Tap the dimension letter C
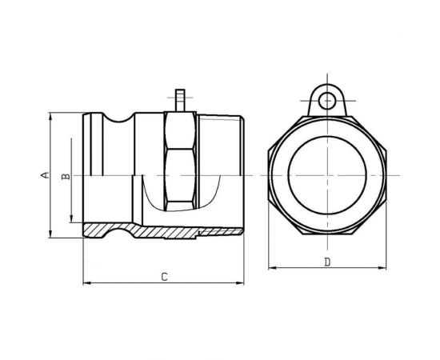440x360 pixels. tap(163, 277)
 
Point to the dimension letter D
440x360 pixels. tap(328, 261)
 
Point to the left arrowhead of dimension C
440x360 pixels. tap(86, 282)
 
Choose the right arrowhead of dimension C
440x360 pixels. tap(242, 282)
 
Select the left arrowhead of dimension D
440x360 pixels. tap(270, 266)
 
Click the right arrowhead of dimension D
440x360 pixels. tap(386, 266)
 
